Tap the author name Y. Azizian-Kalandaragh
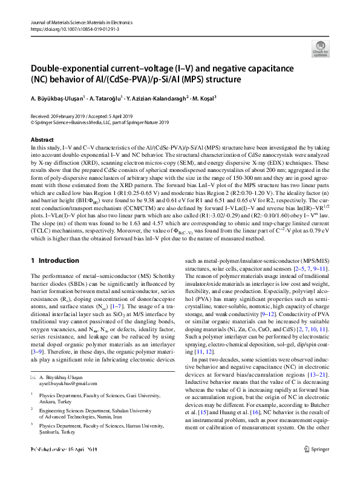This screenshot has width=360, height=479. coord(158,97)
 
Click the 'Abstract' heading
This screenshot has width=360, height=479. coord(42,139)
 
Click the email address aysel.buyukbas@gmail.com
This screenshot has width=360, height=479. coord(67,384)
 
